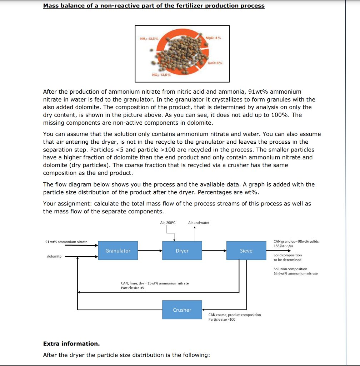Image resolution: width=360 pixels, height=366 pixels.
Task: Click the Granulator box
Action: (118, 251)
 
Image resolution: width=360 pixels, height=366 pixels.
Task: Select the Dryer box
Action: (182, 251)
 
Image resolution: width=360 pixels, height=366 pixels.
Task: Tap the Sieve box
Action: (246, 251)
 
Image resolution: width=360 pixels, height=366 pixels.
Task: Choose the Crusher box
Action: (182, 310)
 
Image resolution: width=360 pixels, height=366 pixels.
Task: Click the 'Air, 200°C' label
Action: (168, 223)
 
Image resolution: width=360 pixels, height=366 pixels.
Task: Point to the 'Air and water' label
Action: (199, 223)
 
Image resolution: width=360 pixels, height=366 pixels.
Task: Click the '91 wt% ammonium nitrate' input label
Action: (66, 242)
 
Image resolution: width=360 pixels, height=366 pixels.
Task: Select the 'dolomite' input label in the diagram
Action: (54, 256)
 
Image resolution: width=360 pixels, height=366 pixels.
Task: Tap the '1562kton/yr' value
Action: (284, 246)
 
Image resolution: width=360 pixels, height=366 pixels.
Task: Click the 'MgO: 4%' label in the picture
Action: (214, 38)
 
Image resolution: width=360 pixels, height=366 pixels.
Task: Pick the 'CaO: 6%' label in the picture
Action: (215, 63)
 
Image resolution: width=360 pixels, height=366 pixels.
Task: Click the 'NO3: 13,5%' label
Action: (161, 75)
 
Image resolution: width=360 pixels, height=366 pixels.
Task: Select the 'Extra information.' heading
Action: (71, 343)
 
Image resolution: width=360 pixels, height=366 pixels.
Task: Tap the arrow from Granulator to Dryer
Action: (150, 251)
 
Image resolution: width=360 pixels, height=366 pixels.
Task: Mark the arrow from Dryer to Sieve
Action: (214, 251)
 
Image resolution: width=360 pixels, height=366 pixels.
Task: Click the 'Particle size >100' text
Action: (222, 319)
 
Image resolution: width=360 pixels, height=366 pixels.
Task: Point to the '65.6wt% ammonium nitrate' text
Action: (295, 273)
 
